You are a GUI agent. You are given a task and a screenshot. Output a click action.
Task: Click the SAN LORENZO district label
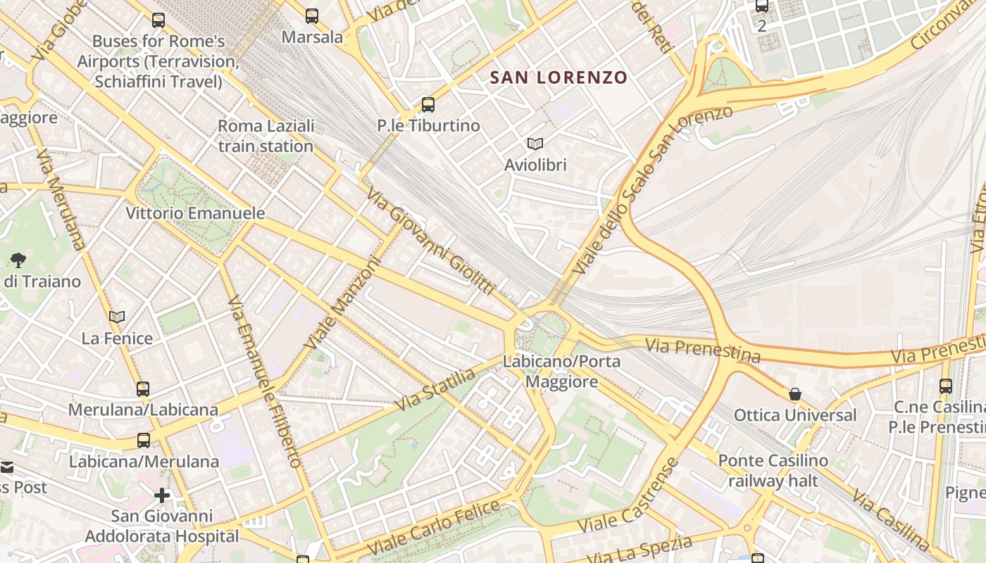[x=558, y=77]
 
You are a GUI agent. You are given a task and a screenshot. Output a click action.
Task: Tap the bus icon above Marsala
[x=311, y=16]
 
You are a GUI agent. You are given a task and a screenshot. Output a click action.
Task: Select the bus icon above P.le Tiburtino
[x=428, y=105]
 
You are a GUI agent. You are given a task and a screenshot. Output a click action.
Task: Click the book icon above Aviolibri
[x=535, y=144]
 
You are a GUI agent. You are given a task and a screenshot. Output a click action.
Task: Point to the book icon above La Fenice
[x=117, y=317]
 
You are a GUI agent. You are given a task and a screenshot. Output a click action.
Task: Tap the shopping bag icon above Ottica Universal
[x=795, y=394]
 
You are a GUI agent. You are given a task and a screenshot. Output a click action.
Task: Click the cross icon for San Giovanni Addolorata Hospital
[x=162, y=495]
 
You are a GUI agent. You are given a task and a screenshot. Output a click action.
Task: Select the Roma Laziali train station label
[x=266, y=137]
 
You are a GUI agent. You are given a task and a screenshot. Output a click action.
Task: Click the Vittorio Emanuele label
[x=195, y=213]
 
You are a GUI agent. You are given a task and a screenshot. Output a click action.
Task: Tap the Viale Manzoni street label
[x=343, y=303]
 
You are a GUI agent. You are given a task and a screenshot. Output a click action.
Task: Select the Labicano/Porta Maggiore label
[x=561, y=372]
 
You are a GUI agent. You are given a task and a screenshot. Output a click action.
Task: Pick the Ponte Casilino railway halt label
[x=773, y=471]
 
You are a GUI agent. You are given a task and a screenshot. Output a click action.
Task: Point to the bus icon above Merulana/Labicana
[x=143, y=388]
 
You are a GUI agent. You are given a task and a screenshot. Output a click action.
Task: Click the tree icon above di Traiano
[x=18, y=260]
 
